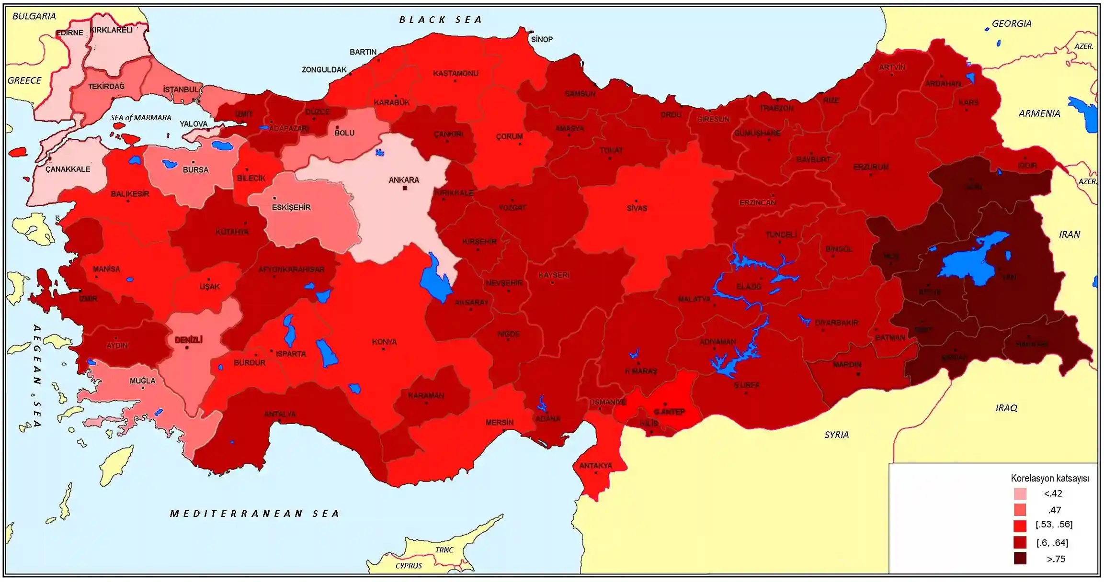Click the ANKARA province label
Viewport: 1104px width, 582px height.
pos(403,180)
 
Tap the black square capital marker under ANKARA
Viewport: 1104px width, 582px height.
pos(405,188)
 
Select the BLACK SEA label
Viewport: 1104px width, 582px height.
pos(441,20)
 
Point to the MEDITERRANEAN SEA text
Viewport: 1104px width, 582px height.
pos(255,514)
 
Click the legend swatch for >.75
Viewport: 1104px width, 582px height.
pos(1020,558)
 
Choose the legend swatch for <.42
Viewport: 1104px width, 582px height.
pos(1020,493)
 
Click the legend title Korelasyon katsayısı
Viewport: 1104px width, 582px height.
pos(1049,478)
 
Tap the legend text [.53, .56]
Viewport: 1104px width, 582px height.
pos(1054,525)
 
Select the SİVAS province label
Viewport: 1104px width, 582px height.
pos(637,208)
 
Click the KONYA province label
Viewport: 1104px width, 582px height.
pos(384,342)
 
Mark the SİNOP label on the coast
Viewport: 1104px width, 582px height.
pos(542,39)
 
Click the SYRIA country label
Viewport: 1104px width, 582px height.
pos(836,435)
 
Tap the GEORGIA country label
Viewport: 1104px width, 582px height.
pos(1011,23)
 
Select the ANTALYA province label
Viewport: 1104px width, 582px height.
pos(280,414)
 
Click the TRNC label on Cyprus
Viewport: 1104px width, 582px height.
pos(444,550)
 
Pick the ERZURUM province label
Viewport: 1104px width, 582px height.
pos(870,167)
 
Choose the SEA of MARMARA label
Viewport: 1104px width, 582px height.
pos(140,118)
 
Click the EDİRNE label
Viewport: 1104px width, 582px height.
pos(69,33)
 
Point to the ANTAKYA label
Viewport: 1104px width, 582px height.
pos(595,466)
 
